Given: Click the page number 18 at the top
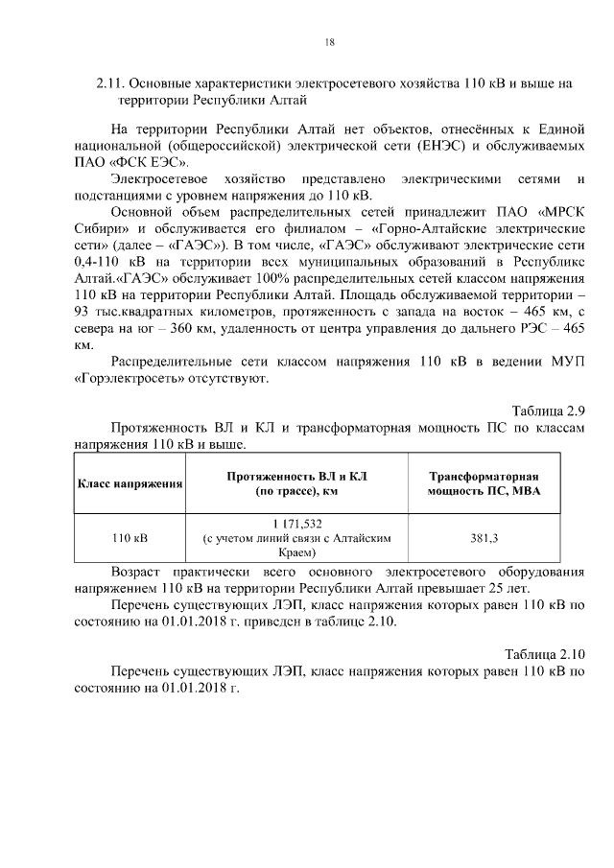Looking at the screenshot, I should pyautogui.click(x=329, y=41).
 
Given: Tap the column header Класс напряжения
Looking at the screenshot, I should pyautogui.click(x=130, y=483).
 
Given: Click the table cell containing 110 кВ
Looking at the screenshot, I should pyautogui.click(x=130, y=539).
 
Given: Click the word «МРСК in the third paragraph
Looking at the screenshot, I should pyautogui.click(x=558, y=212).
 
